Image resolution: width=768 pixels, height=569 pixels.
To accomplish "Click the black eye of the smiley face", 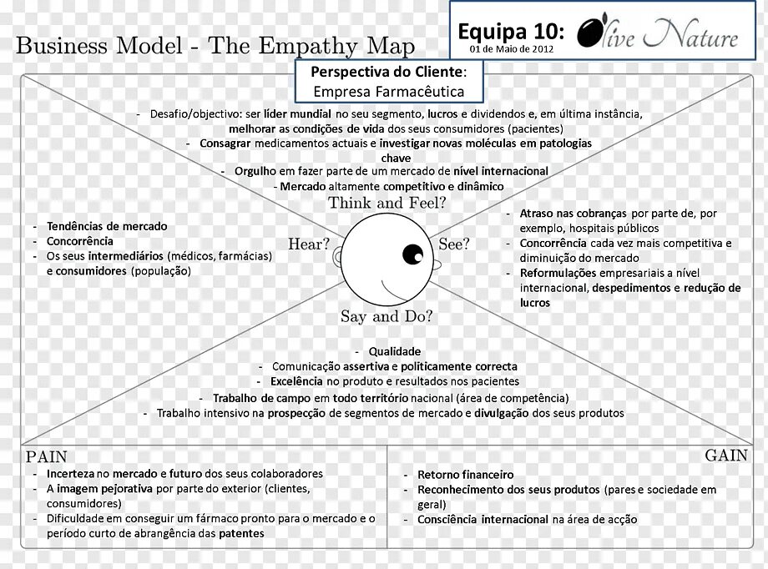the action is [x=412, y=253].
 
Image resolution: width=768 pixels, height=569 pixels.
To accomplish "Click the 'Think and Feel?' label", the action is [x=387, y=203].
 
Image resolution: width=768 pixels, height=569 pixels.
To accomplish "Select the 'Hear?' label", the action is [x=309, y=244].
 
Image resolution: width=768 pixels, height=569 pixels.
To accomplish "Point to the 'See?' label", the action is [x=454, y=244].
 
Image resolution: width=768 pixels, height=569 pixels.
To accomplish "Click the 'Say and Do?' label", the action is [x=387, y=317].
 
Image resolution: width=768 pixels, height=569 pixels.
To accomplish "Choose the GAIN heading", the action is [x=726, y=456].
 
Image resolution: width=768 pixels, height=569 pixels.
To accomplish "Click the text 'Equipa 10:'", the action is [x=511, y=32].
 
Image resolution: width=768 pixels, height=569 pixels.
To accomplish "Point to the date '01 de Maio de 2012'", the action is [x=511, y=49].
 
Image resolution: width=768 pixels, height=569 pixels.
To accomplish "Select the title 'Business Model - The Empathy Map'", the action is [x=215, y=45].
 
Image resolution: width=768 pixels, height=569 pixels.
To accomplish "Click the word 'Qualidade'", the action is [x=395, y=351].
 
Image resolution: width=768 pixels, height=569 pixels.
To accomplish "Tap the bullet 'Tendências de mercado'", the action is [x=107, y=226].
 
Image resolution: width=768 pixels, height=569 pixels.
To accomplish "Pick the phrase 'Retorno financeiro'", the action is [x=466, y=475].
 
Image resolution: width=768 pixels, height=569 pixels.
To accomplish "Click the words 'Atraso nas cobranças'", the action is [x=573, y=214].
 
